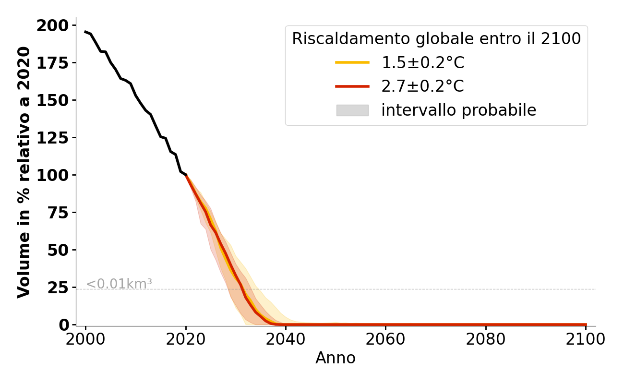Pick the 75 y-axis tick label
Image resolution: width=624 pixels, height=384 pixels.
pyautogui.click(x=58, y=213)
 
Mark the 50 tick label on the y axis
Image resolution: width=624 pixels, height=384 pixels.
pyautogui.click(x=58, y=250)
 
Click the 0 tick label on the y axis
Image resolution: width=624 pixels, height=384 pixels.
pyautogui.click(x=64, y=325)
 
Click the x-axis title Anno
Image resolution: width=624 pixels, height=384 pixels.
pyautogui.click(x=336, y=358)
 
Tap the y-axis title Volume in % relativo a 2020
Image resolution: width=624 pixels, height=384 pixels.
pyautogui.click(x=24, y=172)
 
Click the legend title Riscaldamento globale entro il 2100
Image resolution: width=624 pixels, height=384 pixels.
pyautogui.click(x=436, y=39)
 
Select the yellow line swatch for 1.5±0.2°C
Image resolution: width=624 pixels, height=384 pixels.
pyautogui.click(x=352, y=62)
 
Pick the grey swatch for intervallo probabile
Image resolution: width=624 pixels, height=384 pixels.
pyautogui.click(x=352, y=110)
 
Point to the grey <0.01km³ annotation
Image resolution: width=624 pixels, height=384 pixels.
pyautogui.click(x=119, y=284)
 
